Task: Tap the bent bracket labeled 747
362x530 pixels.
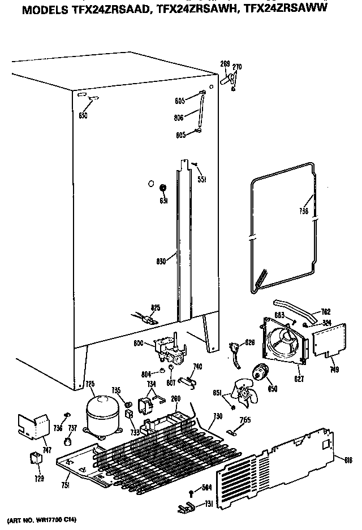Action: pos(32,425)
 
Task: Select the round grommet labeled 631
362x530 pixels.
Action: pos(163,188)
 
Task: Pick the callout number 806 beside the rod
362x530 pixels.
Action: pos(180,118)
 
